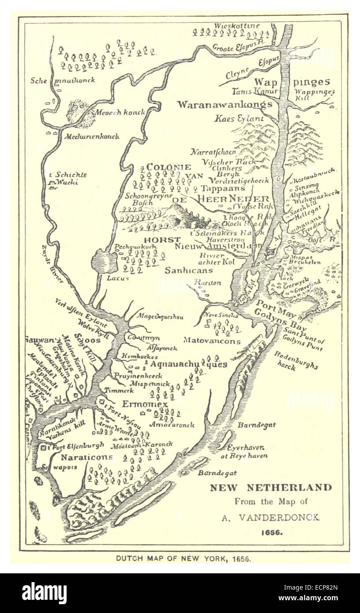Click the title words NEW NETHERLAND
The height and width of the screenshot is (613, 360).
(270, 488)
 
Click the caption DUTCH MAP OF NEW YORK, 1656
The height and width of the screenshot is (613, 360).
(184, 558)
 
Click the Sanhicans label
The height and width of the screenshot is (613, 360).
(188, 270)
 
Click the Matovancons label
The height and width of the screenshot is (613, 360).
(212, 341)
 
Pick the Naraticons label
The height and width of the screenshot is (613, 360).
(86, 457)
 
